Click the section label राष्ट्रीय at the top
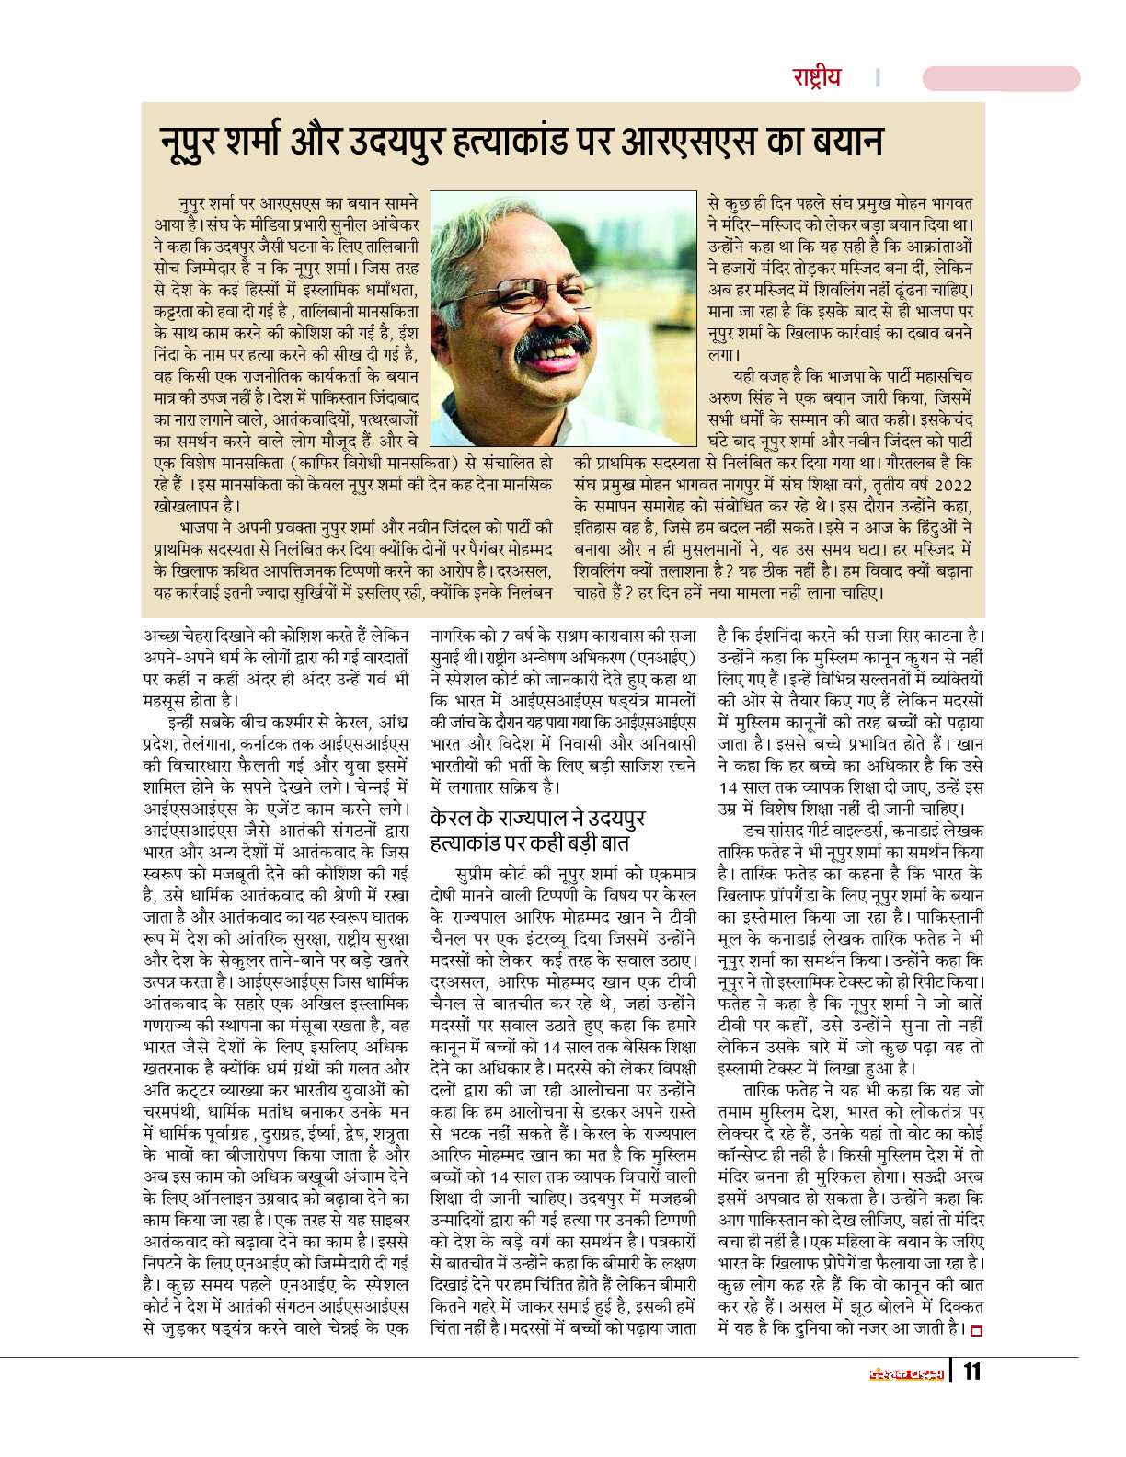coord(817,77)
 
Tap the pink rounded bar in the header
coord(1001,78)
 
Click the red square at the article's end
coord(976,1329)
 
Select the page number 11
coord(972,1372)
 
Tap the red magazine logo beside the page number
coord(906,1373)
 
